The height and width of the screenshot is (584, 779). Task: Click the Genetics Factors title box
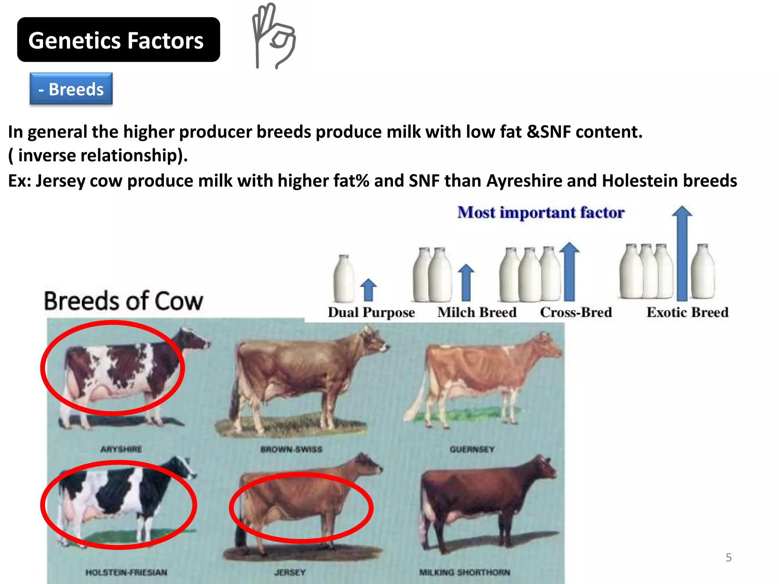tap(118, 40)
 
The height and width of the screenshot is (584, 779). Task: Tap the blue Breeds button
tap(71, 89)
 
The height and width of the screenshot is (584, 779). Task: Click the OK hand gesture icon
tap(273, 36)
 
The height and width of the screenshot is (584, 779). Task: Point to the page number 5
tap(728, 557)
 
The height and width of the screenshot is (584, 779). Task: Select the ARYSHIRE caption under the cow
tap(121, 449)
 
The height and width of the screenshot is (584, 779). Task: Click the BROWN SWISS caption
tap(291, 449)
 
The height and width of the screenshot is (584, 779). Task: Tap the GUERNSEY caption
tap(472, 449)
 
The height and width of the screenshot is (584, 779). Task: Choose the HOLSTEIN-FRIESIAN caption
tap(126, 572)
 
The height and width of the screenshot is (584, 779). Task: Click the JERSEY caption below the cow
tap(290, 572)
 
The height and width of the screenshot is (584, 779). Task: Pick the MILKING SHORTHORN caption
tap(464, 572)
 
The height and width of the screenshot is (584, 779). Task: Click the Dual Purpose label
tap(371, 313)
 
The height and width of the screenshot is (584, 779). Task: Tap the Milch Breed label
tap(477, 313)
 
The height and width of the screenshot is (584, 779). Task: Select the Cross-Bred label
tap(576, 313)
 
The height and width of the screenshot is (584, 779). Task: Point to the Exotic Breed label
tap(687, 313)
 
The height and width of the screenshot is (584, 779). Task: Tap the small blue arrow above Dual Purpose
tap(368, 290)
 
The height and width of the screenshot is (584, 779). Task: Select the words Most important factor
tap(541, 213)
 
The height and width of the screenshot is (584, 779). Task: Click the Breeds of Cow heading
tap(124, 301)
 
